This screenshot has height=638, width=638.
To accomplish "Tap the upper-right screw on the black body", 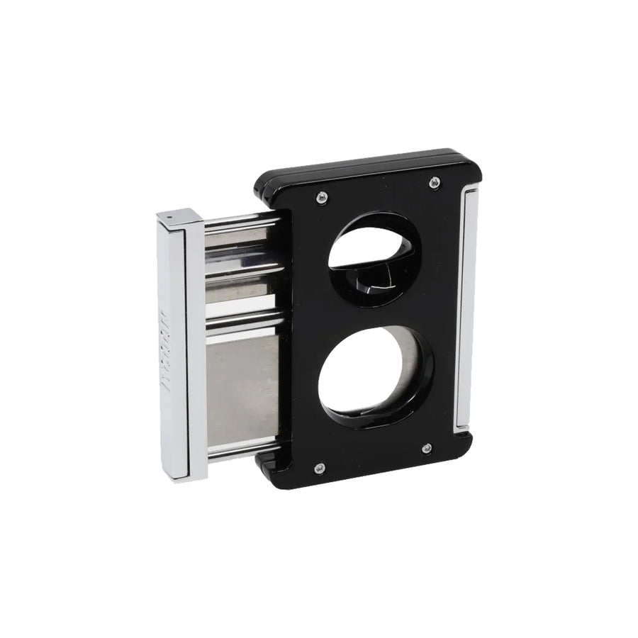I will [x=434, y=183].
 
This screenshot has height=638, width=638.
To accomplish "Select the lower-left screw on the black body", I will [x=319, y=468].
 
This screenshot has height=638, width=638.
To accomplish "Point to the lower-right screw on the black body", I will [x=426, y=448].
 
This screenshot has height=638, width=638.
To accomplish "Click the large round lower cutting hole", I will [x=369, y=376].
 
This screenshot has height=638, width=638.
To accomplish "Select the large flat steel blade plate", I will [x=241, y=390].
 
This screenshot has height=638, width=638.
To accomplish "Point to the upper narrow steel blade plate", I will [x=241, y=269].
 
